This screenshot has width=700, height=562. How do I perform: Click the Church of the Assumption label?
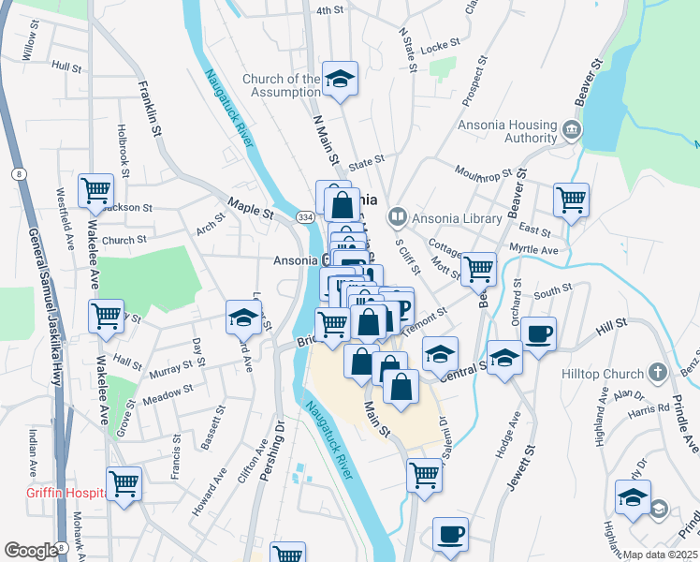[x=281, y=85]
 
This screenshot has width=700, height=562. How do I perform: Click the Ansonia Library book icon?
[x=398, y=218]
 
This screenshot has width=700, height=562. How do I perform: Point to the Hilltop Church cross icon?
[x=658, y=374]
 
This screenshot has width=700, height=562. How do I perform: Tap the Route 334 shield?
[x=304, y=216]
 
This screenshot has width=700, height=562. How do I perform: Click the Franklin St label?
[x=151, y=109]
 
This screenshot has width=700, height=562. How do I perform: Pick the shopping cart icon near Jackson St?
[x=96, y=191]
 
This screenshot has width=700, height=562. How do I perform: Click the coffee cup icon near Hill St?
[x=538, y=333]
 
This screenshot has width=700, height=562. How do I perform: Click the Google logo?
[x=31, y=551]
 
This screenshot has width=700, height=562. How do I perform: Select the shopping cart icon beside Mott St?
[x=478, y=268]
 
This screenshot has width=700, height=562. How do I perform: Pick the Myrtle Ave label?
[x=533, y=250]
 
